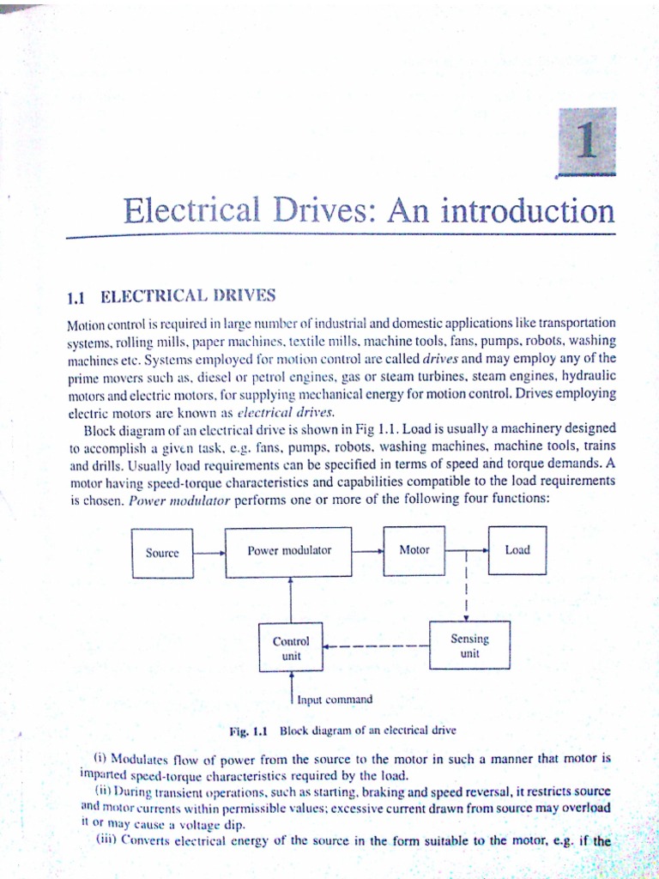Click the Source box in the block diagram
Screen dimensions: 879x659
point(162,553)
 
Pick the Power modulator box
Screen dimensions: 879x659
point(289,549)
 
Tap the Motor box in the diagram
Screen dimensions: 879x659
point(414,549)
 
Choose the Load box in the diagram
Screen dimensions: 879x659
point(517,549)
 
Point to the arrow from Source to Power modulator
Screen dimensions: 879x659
point(209,553)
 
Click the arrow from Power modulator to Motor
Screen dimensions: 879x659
point(369,550)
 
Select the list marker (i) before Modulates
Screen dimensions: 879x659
point(98,758)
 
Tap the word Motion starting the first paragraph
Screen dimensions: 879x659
point(83,324)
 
